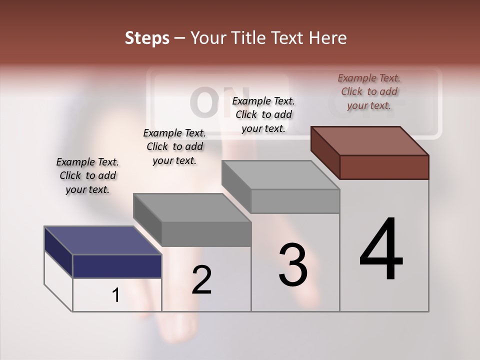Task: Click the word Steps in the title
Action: tap(147, 38)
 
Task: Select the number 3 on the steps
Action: tap(292, 265)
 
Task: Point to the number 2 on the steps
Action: tap(201, 280)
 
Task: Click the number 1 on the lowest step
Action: tap(116, 295)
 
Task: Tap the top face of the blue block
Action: tap(102, 240)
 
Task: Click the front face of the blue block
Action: tap(117, 266)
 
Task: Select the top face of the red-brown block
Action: tap(370, 140)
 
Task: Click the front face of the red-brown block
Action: tap(384, 167)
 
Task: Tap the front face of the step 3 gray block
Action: tap(295, 201)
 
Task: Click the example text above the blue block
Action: tap(87, 175)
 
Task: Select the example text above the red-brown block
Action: tap(369, 91)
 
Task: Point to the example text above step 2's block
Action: tap(174, 146)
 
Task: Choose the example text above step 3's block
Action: tap(263, 114)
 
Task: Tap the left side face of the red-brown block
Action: tap(325, 152)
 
